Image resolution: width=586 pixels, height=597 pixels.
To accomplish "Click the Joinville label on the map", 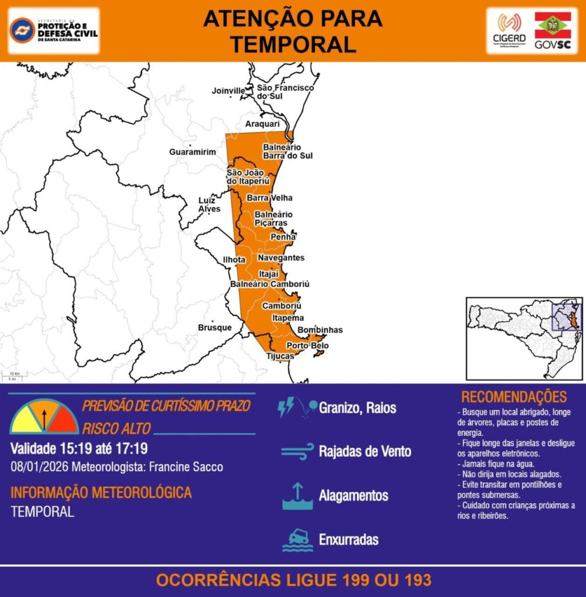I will [228, 91].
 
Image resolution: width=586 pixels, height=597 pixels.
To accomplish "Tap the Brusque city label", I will [215, 328].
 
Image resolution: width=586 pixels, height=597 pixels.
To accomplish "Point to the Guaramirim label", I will [192, 152].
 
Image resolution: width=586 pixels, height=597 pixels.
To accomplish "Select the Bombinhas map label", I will [320, 330].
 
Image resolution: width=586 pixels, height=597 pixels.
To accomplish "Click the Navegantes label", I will [281, 258].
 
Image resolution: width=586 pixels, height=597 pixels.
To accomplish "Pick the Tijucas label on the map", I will [280, 356].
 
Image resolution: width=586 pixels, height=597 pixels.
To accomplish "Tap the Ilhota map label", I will [234, 259].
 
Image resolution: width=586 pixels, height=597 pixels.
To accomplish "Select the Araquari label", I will [262, 124].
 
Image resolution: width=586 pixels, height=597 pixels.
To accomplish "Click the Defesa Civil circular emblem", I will [22, 30].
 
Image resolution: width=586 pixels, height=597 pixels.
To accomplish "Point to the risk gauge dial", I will [44, 417].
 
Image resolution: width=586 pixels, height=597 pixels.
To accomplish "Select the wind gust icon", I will [297, 451].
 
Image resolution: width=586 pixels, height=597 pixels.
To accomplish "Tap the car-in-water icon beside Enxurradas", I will [297, 539].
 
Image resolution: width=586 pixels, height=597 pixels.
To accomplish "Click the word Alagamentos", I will [353, 496].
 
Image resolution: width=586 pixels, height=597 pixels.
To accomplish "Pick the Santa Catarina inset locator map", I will [524, 338].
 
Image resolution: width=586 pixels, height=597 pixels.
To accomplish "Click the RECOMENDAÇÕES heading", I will [514, 397].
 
